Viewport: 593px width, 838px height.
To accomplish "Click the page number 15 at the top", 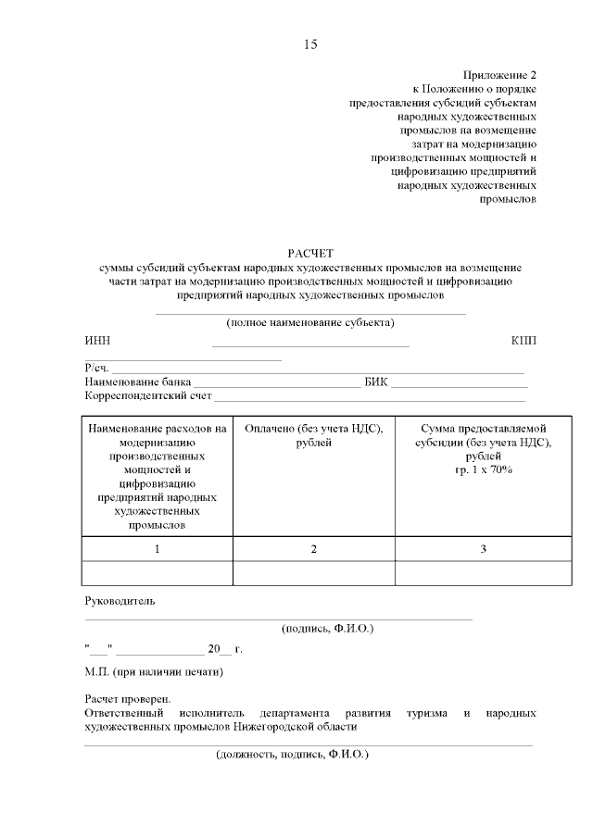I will tap(310, 44).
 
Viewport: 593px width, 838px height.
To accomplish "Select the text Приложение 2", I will tap(499, 75).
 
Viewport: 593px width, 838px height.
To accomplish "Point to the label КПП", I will tap(524, 341).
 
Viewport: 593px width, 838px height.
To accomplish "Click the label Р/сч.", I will tap(96, 369).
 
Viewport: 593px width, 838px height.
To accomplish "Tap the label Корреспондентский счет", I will tap(148, 395).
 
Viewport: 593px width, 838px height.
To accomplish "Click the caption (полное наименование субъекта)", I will tap(310, 323).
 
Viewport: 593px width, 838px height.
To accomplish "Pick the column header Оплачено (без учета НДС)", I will tap(313, 435).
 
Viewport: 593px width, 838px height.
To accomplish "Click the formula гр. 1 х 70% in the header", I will tap(483, 470).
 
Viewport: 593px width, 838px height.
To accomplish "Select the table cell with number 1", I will tap(157, 549).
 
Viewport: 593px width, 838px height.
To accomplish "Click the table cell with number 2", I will tap(313, 549).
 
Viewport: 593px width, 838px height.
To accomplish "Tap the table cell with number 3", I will tap(483, 549).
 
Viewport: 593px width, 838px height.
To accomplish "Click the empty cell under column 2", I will tap(313, 573).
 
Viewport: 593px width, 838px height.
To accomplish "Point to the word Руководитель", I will tap(120, 600).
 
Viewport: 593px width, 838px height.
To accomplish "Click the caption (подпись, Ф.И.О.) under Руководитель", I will tap(327, 628).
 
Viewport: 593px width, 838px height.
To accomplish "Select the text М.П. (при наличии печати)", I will tap(154, 671).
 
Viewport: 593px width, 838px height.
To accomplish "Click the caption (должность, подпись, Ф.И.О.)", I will tap(292, 755).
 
